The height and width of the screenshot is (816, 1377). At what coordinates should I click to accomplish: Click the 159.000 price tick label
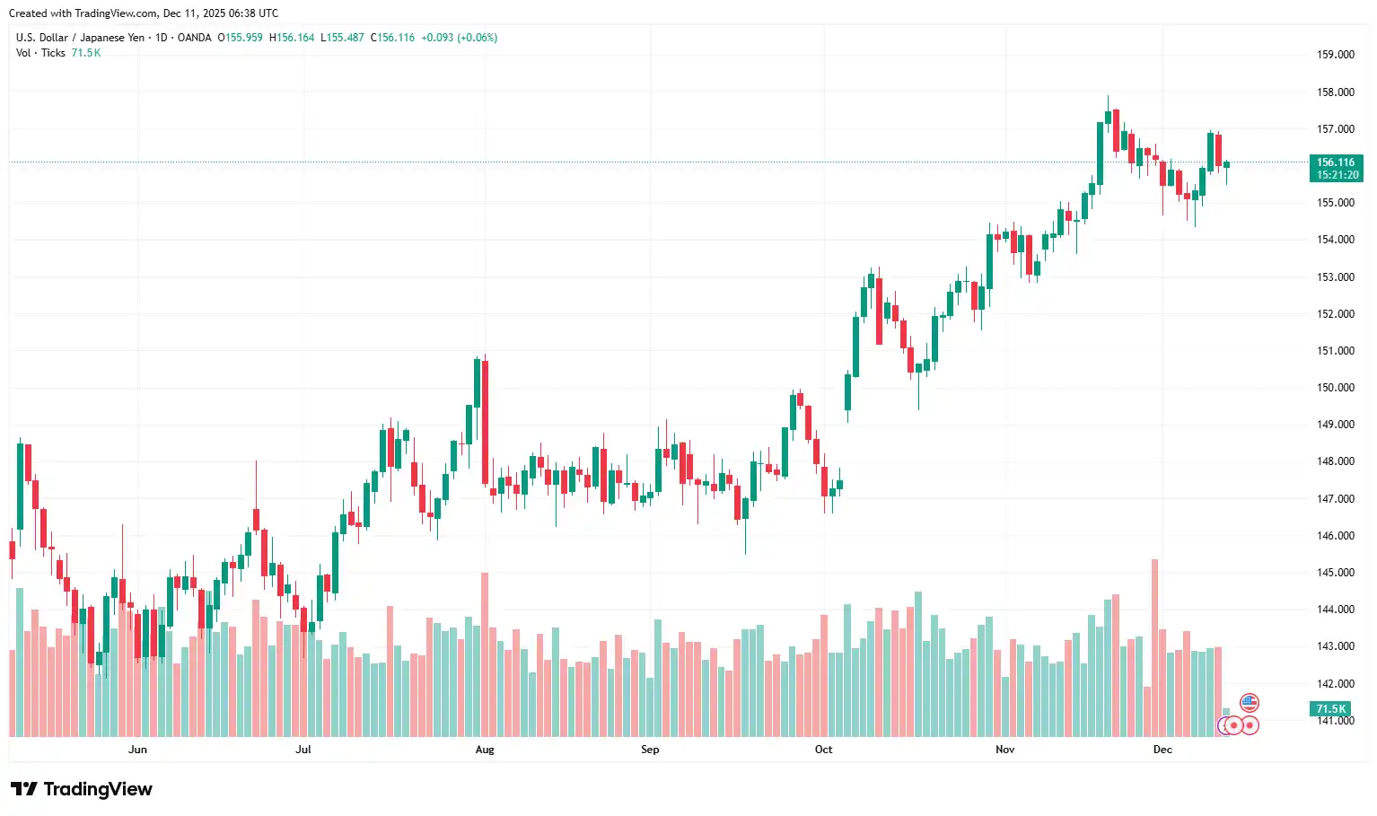(x=1335, y=55)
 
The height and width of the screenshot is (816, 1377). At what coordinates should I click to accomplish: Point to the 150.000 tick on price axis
(x=1335, y=388)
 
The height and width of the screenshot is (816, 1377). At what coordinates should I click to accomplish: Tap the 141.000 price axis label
(x=1335, y=721)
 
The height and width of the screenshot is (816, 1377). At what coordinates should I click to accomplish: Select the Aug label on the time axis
(x=485, y=750)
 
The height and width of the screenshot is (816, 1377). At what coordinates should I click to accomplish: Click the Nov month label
(x=1004, y=750)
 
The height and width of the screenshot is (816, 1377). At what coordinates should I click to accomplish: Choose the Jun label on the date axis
(x=137, y=750)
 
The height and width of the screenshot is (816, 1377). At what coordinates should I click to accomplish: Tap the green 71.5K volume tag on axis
(x=1330, y=709)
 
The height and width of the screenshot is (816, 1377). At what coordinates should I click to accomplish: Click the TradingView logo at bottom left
(x=82, y=789)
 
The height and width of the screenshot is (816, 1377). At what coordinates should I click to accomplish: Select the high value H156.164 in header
(x=292, y=38)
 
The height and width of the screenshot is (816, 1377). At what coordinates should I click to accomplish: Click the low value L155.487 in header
(x=342, y=38)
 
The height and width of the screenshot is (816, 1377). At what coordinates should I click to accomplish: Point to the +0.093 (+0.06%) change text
(x=459, y=38)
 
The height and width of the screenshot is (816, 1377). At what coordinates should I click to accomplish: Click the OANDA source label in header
(x=194, y=38)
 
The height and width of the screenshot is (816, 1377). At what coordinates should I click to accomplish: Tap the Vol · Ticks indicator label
(x=40, y=53)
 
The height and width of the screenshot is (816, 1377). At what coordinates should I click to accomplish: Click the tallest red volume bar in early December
(x=1154, y=646)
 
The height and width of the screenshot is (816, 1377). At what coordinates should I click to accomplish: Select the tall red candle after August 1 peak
(x=486, y=422)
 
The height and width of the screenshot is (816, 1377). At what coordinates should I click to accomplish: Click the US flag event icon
(x=1250, y=703)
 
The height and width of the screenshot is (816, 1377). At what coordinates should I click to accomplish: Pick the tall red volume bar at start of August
(x=485, y=654)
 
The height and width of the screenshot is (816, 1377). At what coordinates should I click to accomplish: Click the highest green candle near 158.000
(x=1109, y=117)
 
